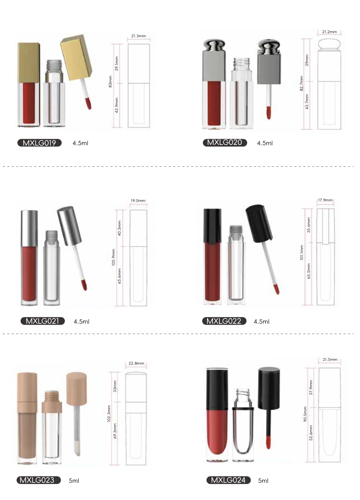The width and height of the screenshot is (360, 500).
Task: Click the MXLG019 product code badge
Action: click(39, 143)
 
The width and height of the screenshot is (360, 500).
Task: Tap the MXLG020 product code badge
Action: click(225, 143)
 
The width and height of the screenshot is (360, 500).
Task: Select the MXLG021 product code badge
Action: click(42, 321)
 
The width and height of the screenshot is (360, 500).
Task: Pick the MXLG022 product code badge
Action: click(224, 321)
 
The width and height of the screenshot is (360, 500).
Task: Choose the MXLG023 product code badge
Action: click(39, 480)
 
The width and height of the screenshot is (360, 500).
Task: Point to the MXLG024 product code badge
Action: click(228, 480)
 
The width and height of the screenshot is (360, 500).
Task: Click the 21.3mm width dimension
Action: click(139, 36)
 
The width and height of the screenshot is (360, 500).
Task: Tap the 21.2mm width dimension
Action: click(329, 32)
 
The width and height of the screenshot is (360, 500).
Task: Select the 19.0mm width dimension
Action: click(138, 201)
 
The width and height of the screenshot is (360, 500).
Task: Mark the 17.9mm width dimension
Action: click(325, 200)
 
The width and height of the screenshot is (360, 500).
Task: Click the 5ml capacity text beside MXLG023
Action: click(74, 481)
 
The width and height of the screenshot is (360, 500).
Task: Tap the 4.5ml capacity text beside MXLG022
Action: click(262, 322)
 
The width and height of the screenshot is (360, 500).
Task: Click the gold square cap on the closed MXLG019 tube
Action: click(29, 63)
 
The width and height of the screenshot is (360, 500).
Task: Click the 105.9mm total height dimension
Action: click(113, 257)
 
